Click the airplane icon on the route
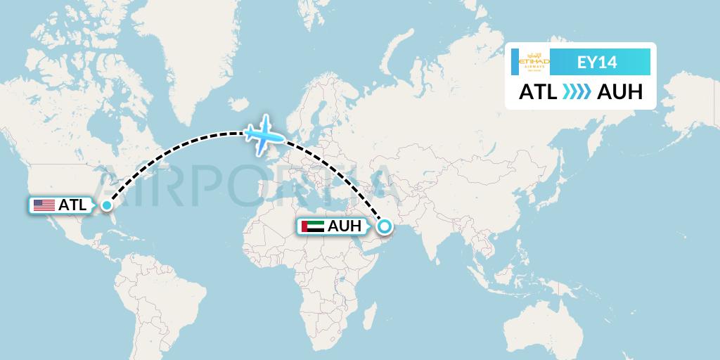[x=264, y=134]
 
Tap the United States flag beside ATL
[x=44, y=205]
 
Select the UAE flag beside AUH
[x=311, y=226]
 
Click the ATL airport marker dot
[x=106, y=205]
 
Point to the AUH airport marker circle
[x=384, y=226]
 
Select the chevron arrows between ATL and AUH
[x=576, y=91]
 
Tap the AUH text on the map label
[x=344, y=226]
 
